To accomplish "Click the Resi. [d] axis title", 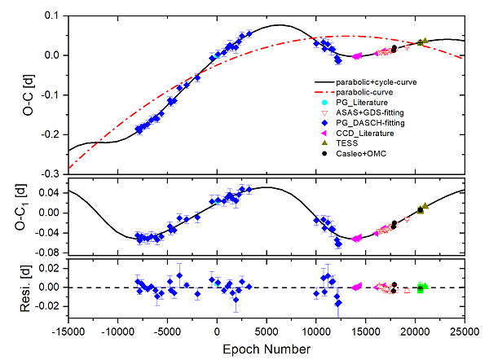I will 28,286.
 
